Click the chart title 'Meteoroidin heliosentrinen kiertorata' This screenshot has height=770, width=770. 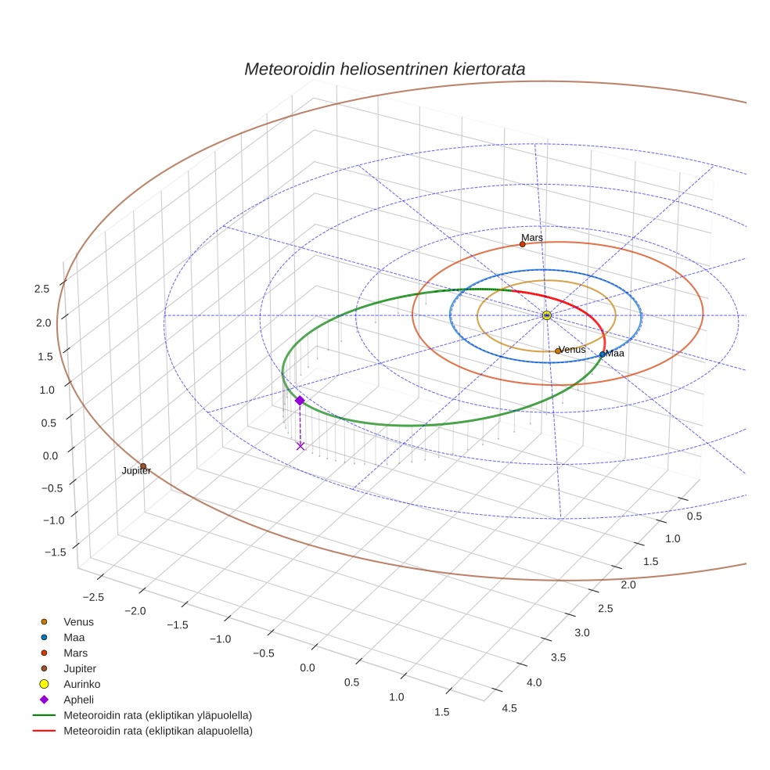(x=384, y=69)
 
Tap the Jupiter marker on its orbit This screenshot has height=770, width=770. (x=143, y=466)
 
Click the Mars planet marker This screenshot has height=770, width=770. (x=523, y=244)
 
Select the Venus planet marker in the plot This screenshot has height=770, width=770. (x=558, y=351)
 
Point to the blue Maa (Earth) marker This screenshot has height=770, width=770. (x=602, y=354)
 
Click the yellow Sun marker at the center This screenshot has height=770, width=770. (x=546, y=315)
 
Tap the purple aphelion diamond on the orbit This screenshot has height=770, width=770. (x=299, y=400)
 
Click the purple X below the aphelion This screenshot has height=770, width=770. (x=300, y=446)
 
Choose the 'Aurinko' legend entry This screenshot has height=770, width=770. (x=81, y=684)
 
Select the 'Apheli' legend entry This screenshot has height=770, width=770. (x=78, y=700)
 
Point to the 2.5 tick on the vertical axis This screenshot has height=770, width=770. (x=42, y=288)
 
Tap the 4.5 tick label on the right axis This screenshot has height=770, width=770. (x=509, y=708)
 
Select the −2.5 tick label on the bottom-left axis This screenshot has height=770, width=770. (x=92, y=597)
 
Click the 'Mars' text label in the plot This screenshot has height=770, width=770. (x=532, y=237)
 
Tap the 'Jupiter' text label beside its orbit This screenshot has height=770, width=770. (x=136, y=471)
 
